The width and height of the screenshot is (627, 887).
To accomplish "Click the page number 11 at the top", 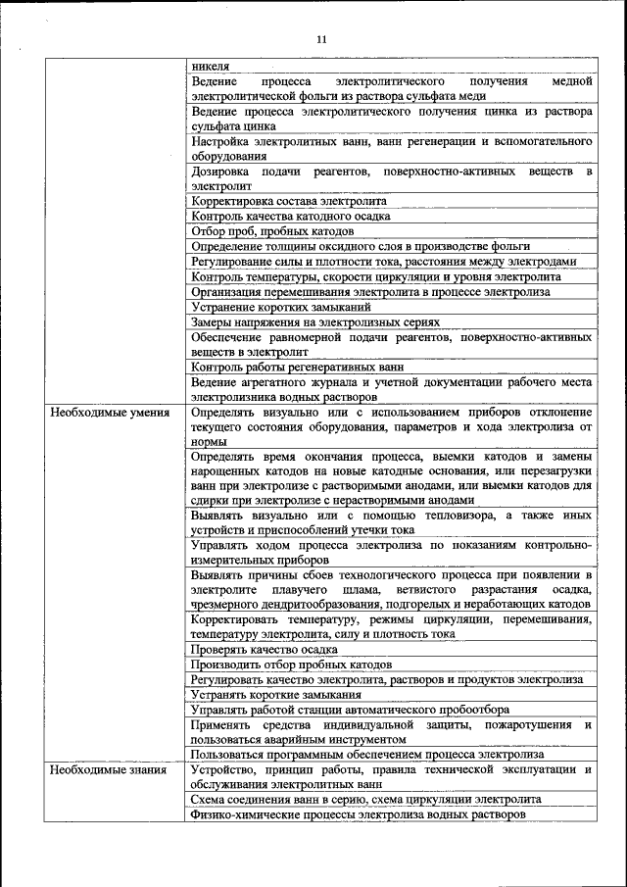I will pos(320,39).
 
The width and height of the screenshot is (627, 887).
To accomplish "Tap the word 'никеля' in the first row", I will pos(211,66).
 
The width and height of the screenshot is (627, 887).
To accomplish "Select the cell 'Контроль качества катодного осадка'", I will pos(291,216).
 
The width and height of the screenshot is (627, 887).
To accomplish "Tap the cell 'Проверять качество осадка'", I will pos(263,649).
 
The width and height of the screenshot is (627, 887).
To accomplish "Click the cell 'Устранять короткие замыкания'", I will pos(271,694).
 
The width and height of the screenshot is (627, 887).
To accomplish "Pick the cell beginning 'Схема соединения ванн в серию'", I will pos(353,800).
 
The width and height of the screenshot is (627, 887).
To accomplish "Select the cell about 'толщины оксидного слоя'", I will pos(361,246).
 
